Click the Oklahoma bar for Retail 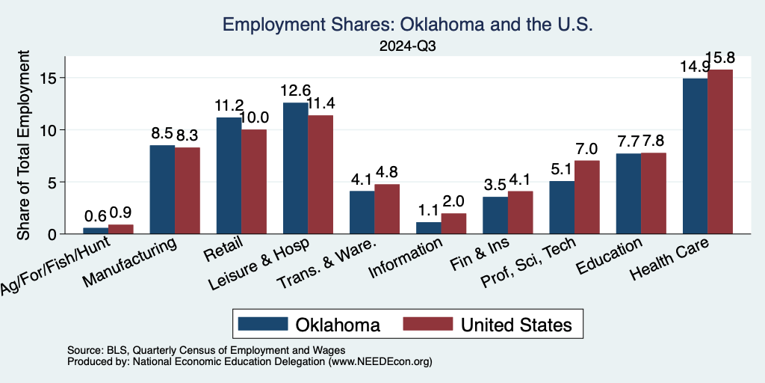pyautogui.click(x=229, y=176)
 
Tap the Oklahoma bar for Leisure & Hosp pyautogui.click(x=295, y=168)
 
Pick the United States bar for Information pyautogui.click(x=454, y=224)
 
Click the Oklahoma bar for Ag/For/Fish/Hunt pyautogui.click(x=96, y=230)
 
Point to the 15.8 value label pyautogui.click(x=719, y=58)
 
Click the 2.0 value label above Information pyautogui.click(x=454, y=201)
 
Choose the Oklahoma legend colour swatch pyautogui.click(x=263, y=324)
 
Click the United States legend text pyautogui.click(x=517, y=324)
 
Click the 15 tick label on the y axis pyautogui.click(x=51, y=78)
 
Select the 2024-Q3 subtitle pyautogui.click(x=408, y=46)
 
